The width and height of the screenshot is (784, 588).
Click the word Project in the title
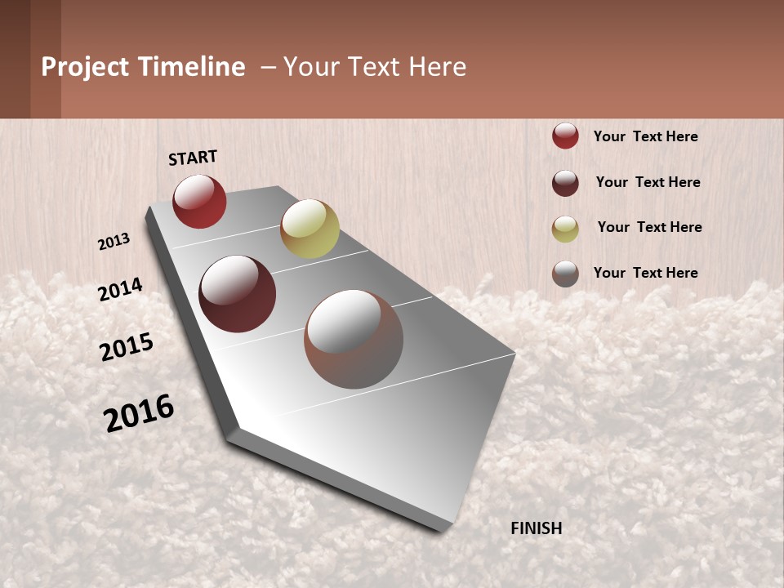pos(85,67)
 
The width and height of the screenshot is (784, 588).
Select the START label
pos(193,158)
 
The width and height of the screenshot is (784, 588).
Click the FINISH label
pos(537,528)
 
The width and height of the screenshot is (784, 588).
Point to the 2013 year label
pos(114,241)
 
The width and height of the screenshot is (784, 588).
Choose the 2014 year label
pos(120,290)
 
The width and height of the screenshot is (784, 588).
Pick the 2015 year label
pos(127,347)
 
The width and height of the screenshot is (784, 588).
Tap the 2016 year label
pos(139,413)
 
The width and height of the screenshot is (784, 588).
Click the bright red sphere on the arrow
pos(199,201)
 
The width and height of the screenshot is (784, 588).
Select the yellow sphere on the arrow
pos(310,229)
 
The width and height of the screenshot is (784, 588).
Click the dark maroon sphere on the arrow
pos(238,294)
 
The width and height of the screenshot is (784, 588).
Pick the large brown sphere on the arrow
pos(354,339)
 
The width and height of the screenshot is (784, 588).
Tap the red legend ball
pos(565,136)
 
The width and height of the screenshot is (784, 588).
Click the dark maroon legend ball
pos(565,182)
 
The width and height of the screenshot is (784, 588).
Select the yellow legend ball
pos(565,228)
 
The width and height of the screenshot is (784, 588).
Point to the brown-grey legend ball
pos(565,274)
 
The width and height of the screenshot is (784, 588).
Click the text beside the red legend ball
pos(645,136)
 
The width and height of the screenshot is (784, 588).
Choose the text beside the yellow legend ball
pos(649,227)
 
